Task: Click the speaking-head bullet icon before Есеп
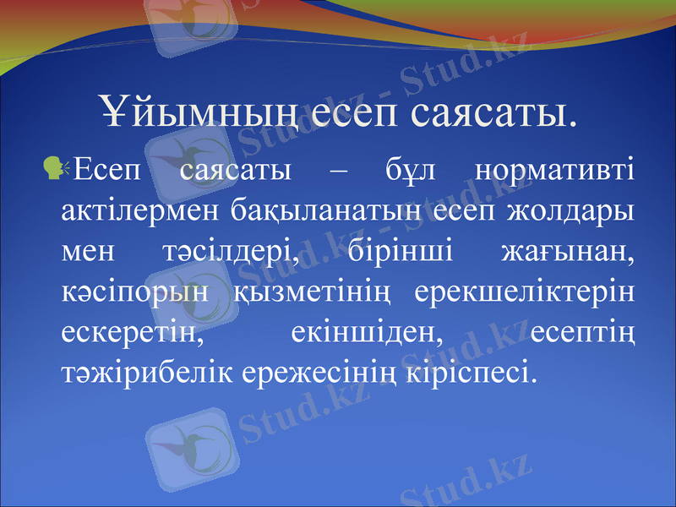(x=59, y=170)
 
